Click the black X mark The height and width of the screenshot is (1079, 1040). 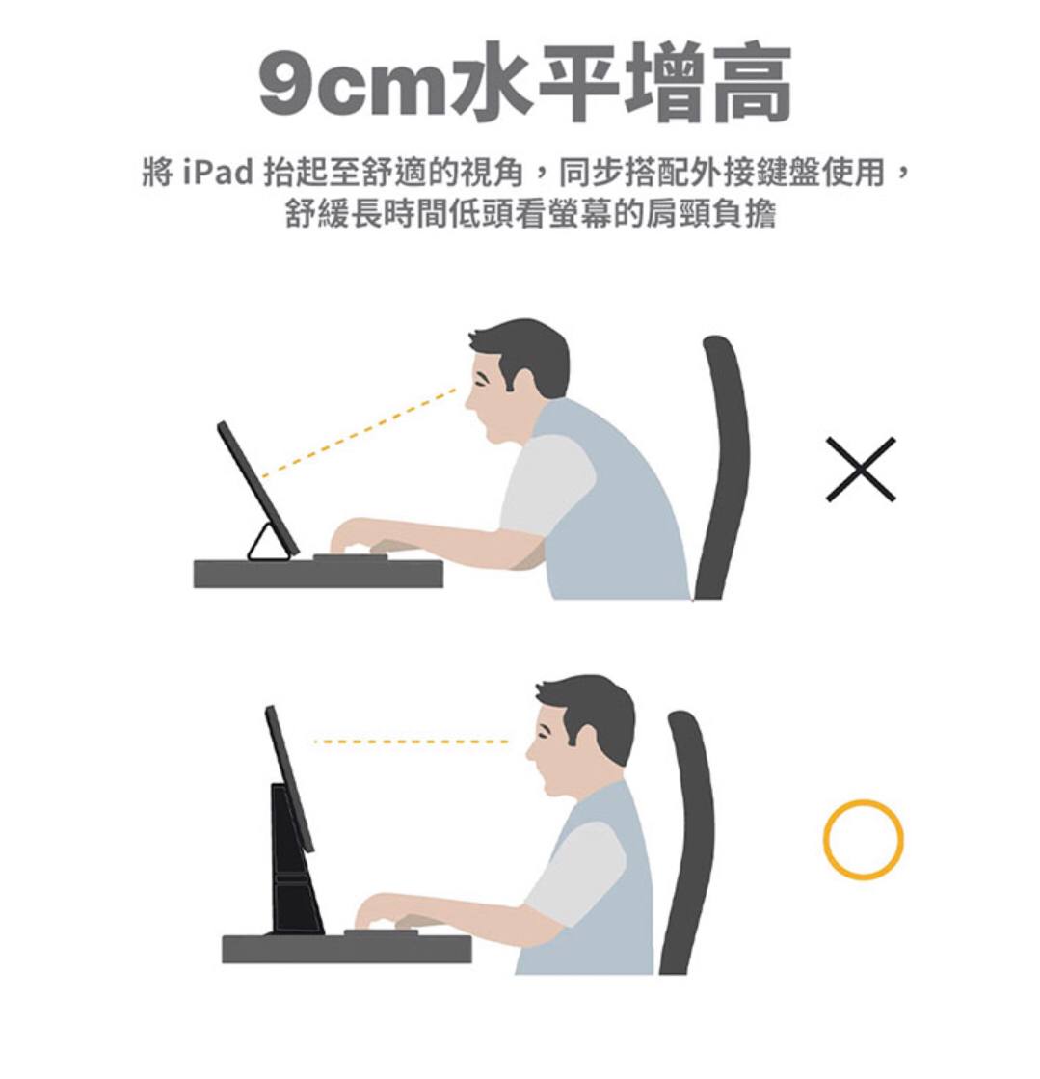coord(861,470)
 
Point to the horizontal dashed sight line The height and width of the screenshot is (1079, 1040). coord(411,742)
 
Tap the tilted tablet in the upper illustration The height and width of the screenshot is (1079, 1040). coord(258,489)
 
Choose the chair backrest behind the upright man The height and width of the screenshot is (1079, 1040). coord(688,840)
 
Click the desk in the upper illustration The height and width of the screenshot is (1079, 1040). coord(318,574)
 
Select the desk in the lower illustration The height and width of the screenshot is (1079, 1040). coord(347,948)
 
